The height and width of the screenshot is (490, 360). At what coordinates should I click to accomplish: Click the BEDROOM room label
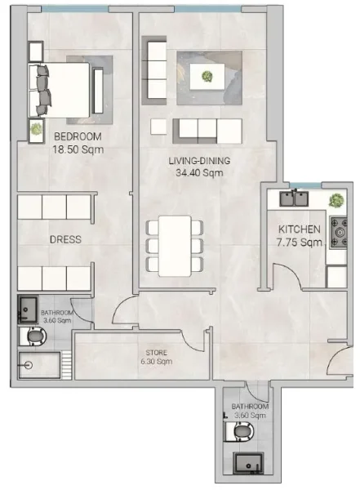pos(78,137)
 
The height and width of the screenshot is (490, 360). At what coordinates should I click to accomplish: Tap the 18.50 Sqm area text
pos(78,149)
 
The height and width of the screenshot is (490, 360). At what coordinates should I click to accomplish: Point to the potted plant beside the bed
pos(36,129)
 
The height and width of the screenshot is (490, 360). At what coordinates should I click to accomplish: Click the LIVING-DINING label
pos(199,161)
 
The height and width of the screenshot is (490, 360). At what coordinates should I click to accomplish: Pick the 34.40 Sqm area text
pos(199,172)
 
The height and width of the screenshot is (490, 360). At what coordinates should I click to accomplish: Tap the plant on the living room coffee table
pos(207,78)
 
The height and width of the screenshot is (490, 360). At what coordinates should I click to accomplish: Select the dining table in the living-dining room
pos(175,245)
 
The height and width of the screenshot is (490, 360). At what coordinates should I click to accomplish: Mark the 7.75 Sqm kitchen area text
pos(300,243)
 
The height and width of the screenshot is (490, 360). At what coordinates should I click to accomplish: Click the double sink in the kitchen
pos(293,198)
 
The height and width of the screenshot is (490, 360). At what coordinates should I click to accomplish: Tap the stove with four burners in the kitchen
pos(337,232)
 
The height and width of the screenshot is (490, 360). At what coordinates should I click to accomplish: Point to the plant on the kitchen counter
pos(335,199)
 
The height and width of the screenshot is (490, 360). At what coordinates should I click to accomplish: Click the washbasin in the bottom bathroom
pos(247,463)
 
